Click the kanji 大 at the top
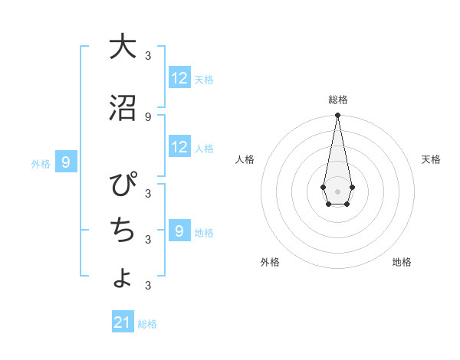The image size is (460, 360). [123, 47]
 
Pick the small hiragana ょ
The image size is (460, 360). [123, 277]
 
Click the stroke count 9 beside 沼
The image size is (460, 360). [148, 116]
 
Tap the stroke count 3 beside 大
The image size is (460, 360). [148, 55]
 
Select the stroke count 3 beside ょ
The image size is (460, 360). [148, 286]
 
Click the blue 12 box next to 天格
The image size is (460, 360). [179, 78]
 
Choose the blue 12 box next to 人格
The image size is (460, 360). [179, 148]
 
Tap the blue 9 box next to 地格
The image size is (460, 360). [179, 231]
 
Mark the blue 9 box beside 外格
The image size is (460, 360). [66, 162]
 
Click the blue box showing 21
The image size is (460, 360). [123, 322]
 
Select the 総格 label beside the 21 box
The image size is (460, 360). [148, 324]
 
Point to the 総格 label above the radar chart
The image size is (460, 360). [337, 100]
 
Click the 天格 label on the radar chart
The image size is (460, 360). [431, 159]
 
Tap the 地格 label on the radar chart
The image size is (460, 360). [402, 262]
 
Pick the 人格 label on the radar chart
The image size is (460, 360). [245, 159]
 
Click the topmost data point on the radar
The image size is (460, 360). [337, 116]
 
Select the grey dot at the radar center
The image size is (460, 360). [337, 191]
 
